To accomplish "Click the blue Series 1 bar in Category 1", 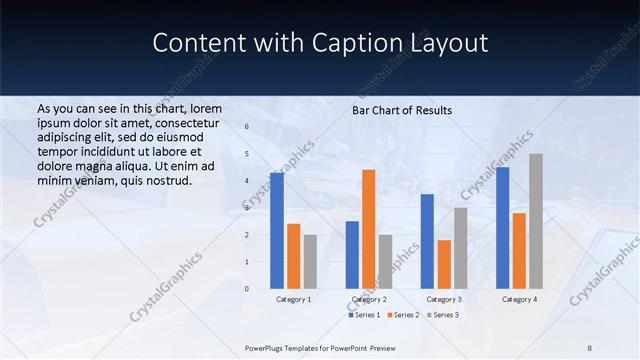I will (x=277, y=230).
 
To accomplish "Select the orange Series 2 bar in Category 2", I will (x=369, y=228).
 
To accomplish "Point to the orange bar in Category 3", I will (x=444, y=264).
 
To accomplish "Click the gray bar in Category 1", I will (x=310, y=261).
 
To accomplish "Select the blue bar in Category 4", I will (x=502, y=227).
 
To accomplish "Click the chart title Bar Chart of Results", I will (x=402, y=110).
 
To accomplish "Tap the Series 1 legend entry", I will (x=364, y=315).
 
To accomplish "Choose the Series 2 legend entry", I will (x=402, y=315).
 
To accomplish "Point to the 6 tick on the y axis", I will (x=247, y=127).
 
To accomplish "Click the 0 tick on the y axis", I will (x=247, y=288).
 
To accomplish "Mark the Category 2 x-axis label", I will (x=369, y=299).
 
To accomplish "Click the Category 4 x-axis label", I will (x=519, y=299).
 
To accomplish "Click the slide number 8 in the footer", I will (x=590, y=347).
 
